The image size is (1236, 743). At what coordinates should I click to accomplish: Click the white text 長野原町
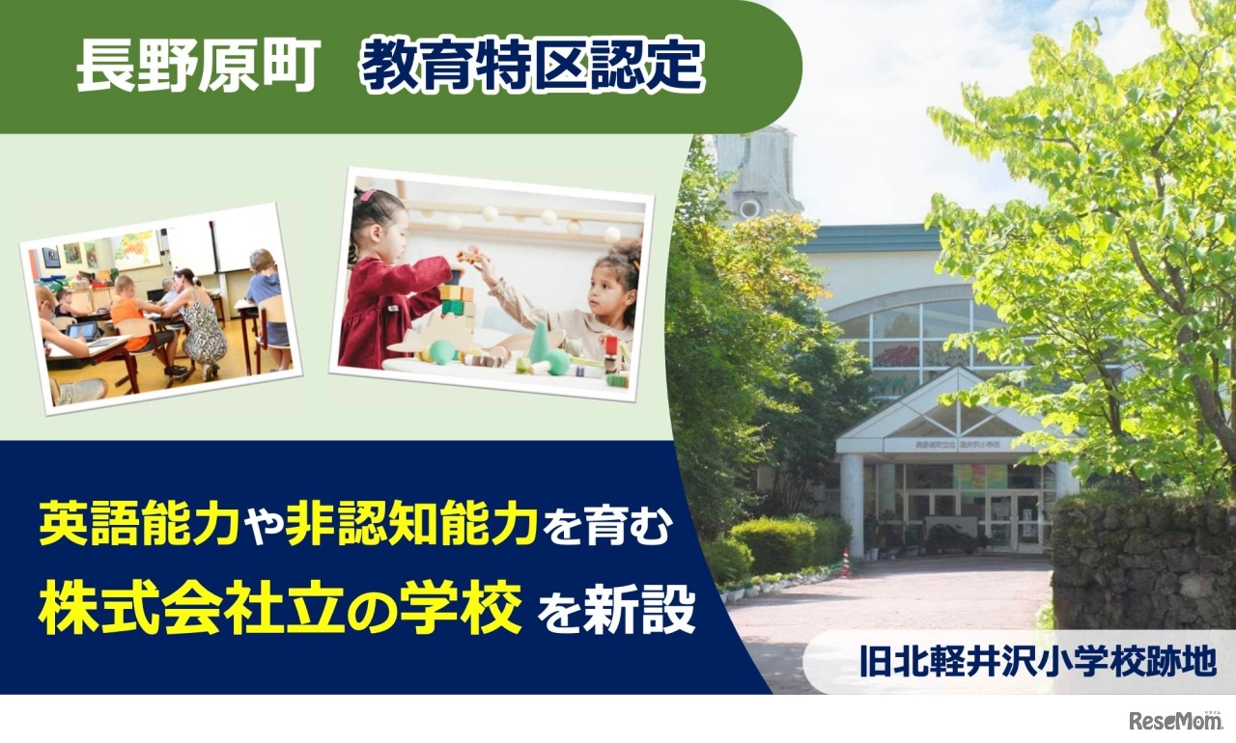198,68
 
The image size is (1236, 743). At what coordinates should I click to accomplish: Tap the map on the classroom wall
136,249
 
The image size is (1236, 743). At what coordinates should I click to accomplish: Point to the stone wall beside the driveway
1139,569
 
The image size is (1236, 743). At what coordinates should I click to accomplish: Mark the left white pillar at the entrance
852,502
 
